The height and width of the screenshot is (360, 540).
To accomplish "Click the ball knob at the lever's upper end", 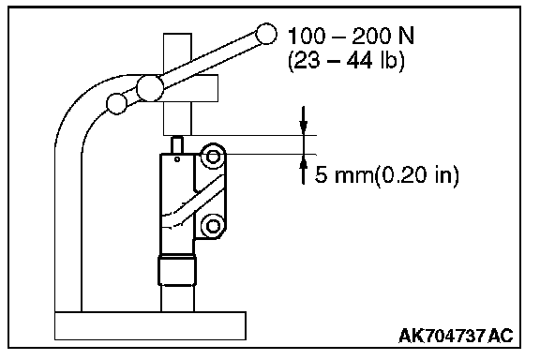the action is coord(266,34).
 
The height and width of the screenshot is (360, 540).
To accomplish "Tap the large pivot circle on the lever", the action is coord(150,88).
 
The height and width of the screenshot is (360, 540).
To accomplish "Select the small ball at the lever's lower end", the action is coord(117,104).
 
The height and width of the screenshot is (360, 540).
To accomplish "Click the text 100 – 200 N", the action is coord(351,37).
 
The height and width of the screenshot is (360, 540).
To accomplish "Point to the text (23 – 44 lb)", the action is coord(346,61).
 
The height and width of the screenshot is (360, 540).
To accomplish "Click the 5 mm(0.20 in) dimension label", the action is coord(387,175).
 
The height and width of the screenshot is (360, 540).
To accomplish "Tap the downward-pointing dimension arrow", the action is coord(303,120).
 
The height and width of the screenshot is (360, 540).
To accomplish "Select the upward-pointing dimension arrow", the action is coord(303,169).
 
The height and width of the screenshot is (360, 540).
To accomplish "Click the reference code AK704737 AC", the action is coord(456,336).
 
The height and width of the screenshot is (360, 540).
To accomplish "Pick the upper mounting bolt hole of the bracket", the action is coord(213,157).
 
